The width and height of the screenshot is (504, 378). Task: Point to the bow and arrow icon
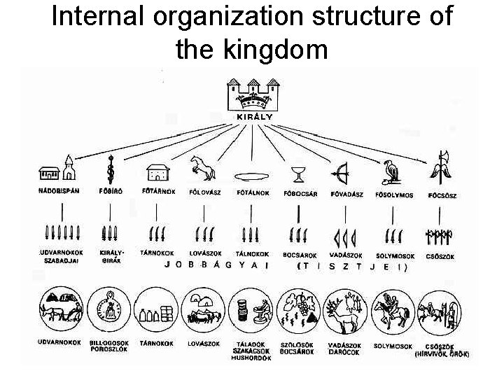342,171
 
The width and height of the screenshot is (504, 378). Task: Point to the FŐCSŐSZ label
442,195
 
